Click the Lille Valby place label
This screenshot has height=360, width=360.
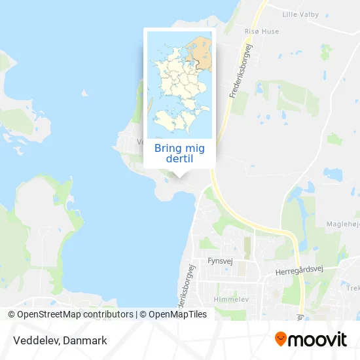(x=300, y=14)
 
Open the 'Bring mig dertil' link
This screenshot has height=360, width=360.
(x=179, y=153)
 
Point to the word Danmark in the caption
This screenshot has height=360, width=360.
(x=85, y=340)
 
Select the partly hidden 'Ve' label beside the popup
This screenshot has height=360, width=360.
(x=139, y=141)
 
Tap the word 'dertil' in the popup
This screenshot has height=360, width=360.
(x=179, y=159)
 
